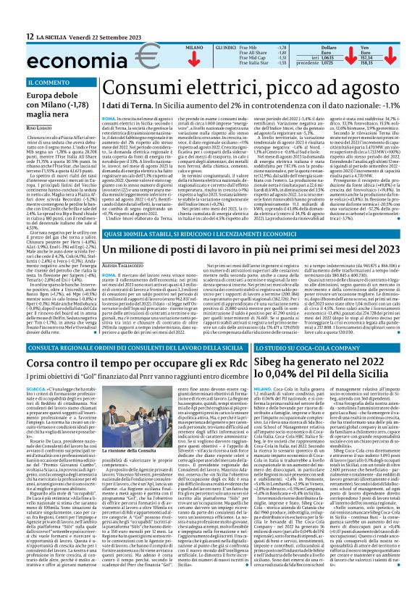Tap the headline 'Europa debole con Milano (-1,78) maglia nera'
(54, 106)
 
